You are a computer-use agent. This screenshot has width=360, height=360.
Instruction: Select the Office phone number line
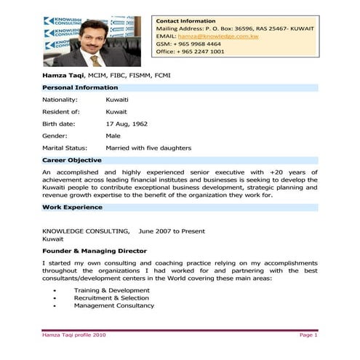coord(190,52)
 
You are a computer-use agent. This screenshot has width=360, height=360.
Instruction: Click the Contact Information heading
coord(185,21)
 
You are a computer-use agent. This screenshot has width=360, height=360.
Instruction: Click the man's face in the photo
coord(91,41)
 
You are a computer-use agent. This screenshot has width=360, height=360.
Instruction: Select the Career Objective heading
coord(72,159)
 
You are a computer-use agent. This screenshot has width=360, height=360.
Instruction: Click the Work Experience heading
coord(72,207)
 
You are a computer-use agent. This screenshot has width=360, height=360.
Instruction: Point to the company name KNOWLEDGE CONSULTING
coord(87,230)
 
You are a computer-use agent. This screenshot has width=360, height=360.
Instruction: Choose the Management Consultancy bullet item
coord(113,305)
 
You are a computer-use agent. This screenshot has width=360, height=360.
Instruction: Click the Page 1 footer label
coord(308,335)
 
